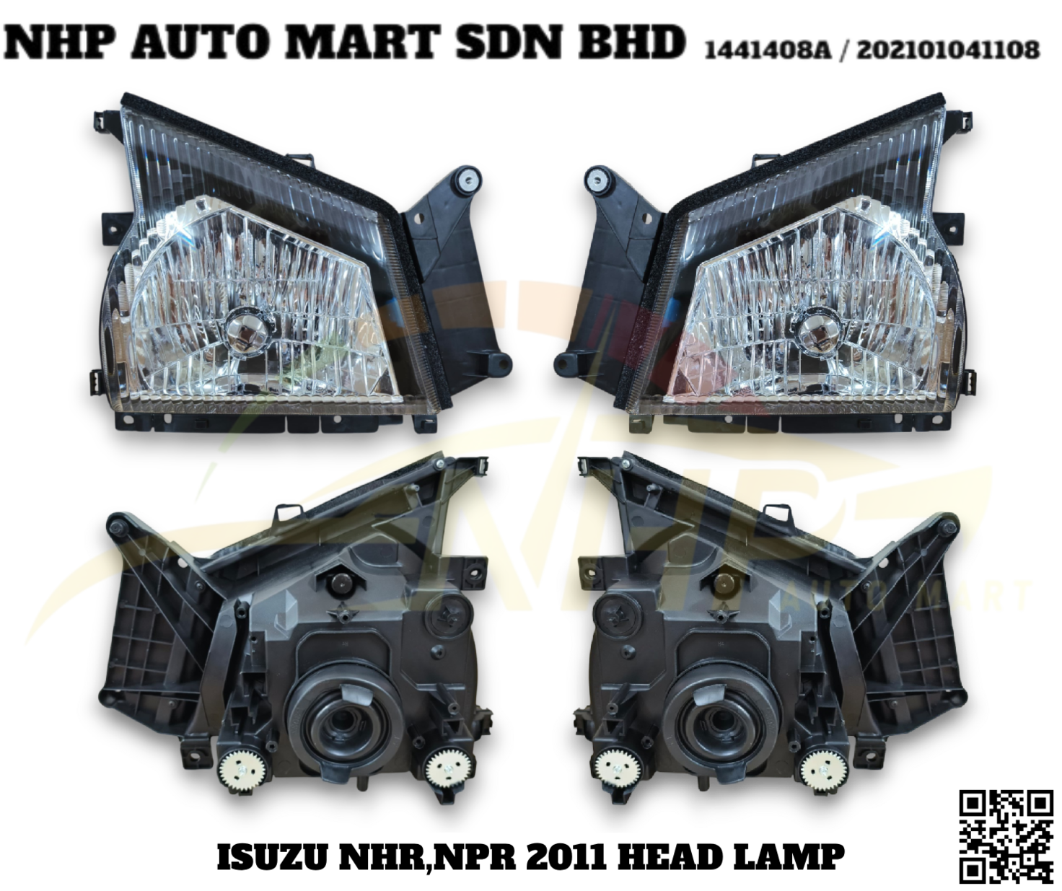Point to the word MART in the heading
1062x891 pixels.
tap(364, 38)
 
